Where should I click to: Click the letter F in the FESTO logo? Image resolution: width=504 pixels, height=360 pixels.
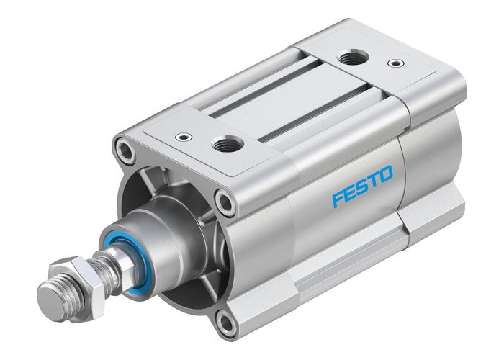pyautogui.click(x=338, y=197)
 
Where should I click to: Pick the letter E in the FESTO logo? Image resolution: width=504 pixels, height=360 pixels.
pyautogui.click(x=349, y=192)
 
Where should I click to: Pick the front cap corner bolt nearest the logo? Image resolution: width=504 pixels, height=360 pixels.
pyautogui.click(x=226, y=202)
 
